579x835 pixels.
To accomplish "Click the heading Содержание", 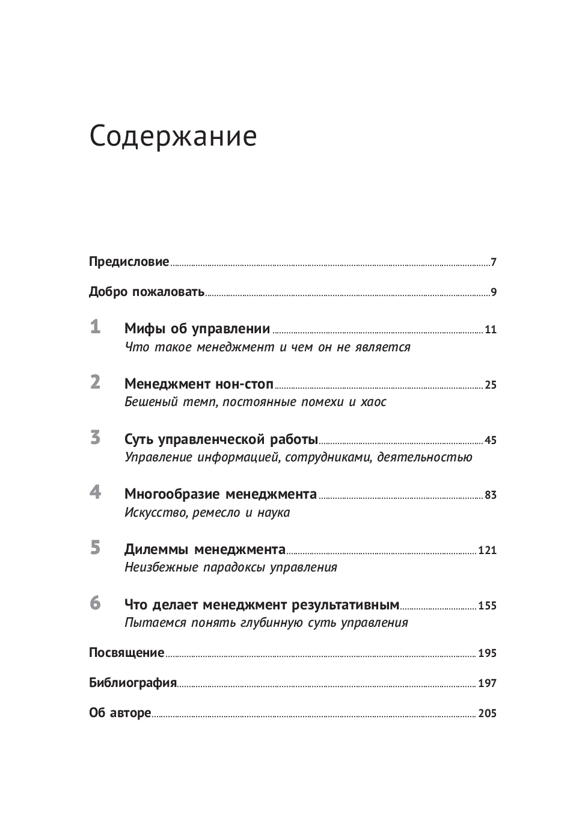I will (x=173, y=137).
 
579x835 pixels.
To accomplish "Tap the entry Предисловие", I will (x=129, y=262).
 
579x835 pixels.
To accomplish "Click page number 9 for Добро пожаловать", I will (x=494, y=293).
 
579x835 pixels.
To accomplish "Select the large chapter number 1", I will (x=95, y=327).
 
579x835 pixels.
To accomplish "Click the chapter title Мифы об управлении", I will (x=197, y=328).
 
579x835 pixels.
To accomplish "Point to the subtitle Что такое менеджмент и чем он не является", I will (x=267, y=347).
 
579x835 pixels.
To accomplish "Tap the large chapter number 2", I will (x=95, y=383).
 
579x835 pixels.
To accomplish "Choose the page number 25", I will (x=491, y=385).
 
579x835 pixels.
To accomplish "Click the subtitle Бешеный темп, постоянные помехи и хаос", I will (x=255, y=402).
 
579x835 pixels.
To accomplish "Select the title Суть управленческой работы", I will (x=221, y=439).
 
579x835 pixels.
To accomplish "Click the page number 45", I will (x=491, y=440).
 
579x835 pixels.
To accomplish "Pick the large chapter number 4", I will (x=95, y=492).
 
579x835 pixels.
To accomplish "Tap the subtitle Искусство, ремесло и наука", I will (x=207, y=513).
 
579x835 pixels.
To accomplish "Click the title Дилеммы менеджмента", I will (x=205, y=549).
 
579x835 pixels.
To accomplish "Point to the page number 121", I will (x=487, y=550).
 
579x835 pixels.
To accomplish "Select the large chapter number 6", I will (x=95, y=603).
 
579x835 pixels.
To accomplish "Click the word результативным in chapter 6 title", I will (x=345, y=605).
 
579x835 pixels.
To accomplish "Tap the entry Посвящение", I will (x=126, y=653).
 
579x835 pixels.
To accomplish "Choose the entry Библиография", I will (x=132, y=683).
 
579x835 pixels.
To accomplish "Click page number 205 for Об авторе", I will (x=487, y=713).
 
